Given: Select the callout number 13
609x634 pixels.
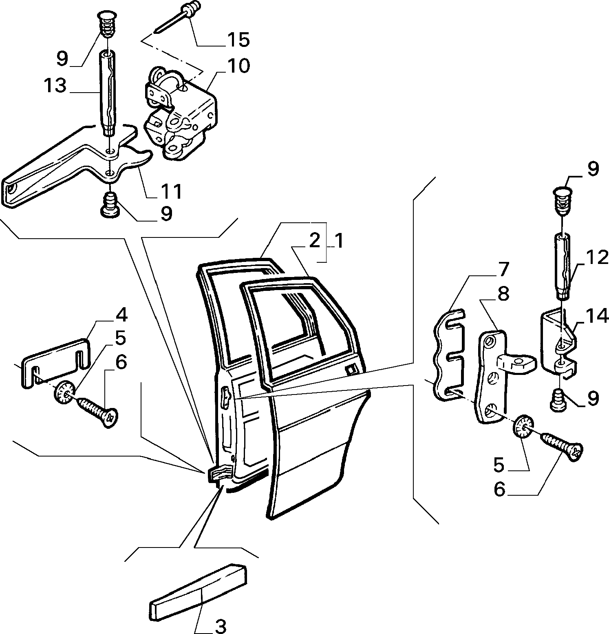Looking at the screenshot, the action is tap(56, 86).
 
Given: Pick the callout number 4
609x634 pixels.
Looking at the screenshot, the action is tap(121, 315).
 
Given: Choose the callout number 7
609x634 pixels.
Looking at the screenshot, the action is tap(503, 270).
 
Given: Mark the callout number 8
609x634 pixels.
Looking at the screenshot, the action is tap(504, 294).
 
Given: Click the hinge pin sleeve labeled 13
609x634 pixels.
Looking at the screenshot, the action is tap(108, 92).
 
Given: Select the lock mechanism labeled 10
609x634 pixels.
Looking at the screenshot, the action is tap(181, 112).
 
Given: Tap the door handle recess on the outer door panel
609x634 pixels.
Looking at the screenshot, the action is tap(350, 370).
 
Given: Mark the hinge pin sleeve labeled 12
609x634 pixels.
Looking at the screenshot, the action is tap(563, 265).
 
